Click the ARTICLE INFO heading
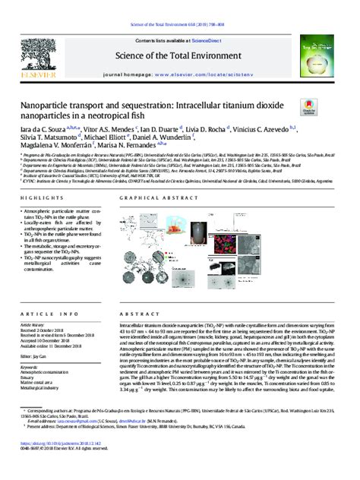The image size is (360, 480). click(x=44, y=313)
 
